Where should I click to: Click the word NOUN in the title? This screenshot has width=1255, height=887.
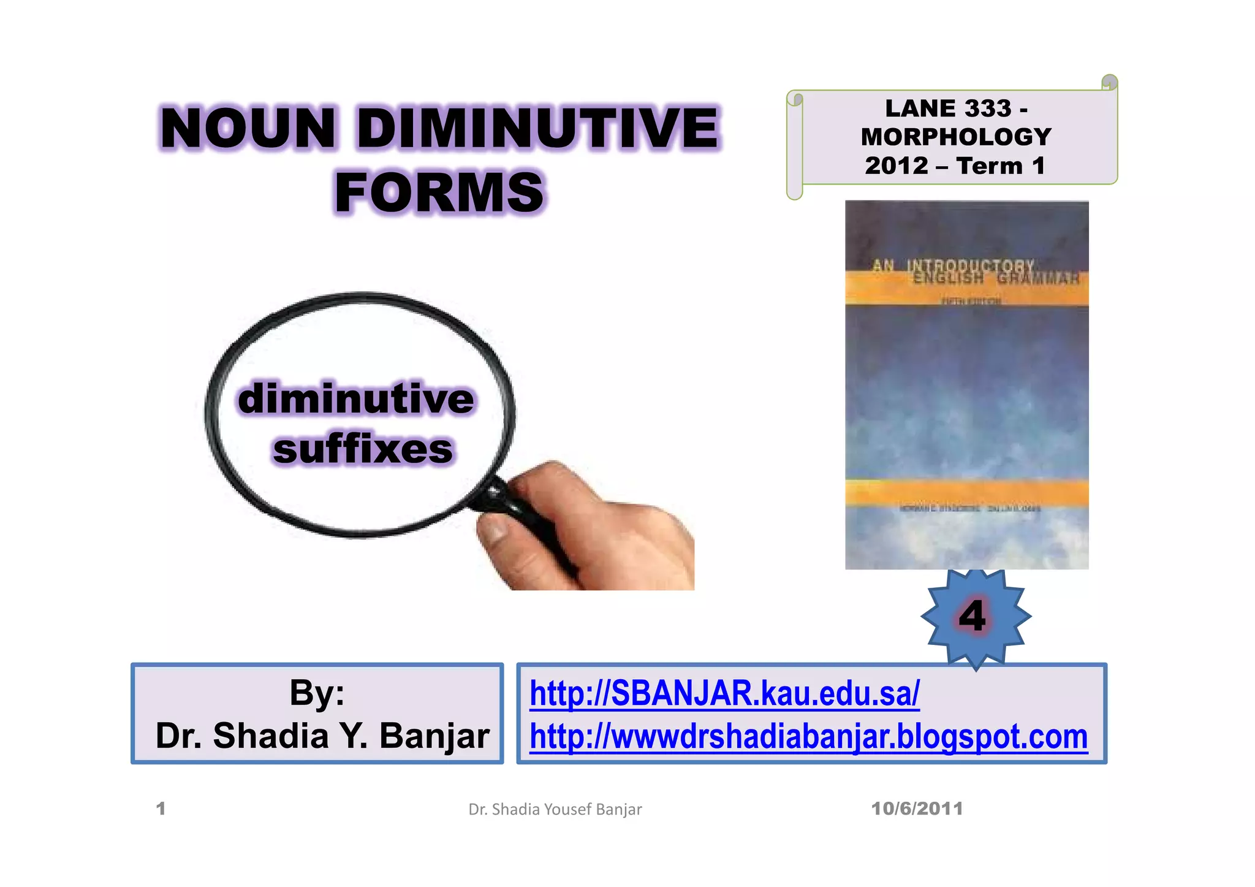point(248,128)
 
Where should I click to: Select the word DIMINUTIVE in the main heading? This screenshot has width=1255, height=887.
point(537,128)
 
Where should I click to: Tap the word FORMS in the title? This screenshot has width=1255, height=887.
point(439,192)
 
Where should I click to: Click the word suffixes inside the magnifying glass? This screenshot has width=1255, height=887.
point(363,449)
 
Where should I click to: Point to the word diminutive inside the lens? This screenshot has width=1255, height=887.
point(356,398)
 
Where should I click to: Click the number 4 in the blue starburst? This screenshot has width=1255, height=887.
point(973,616)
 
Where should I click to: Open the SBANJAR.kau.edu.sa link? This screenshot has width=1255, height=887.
point(724,693)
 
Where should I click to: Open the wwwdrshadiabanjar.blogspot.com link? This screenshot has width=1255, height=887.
point(808,736)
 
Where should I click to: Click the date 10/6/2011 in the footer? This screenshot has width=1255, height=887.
point(917,809)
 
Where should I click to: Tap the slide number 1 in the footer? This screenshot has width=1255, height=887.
point(161,809)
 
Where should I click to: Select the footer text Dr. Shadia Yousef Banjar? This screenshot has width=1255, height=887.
point(555,809)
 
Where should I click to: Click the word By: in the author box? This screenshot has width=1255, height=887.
point(317,693)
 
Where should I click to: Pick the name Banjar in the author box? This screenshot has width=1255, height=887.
point(434,736)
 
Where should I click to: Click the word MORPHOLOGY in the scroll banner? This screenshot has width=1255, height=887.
point(955,137)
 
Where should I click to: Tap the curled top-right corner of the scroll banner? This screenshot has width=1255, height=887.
point(1109,82)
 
